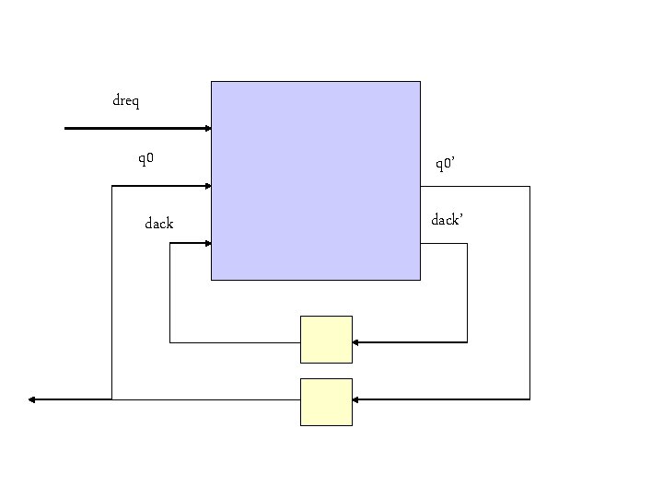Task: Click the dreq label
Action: [126, 100]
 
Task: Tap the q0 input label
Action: [145, 159]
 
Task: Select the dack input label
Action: [158, 223]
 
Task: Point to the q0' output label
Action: [446, 165]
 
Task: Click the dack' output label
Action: [447, 220]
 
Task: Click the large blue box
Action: [315, 180]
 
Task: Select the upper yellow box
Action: [326, 340]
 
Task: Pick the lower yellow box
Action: [326, 402]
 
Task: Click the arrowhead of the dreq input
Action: [207, 129]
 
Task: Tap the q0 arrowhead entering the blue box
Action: [207, 186]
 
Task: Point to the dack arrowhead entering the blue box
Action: [207, 243]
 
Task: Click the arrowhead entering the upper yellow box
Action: [356, 342]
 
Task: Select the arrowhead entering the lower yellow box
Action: [356, 399]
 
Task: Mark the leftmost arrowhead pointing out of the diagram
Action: [32, 399]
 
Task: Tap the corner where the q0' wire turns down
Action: [529, 186]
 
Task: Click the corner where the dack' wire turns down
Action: [467, 243]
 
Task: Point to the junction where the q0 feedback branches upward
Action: [111, 399]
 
